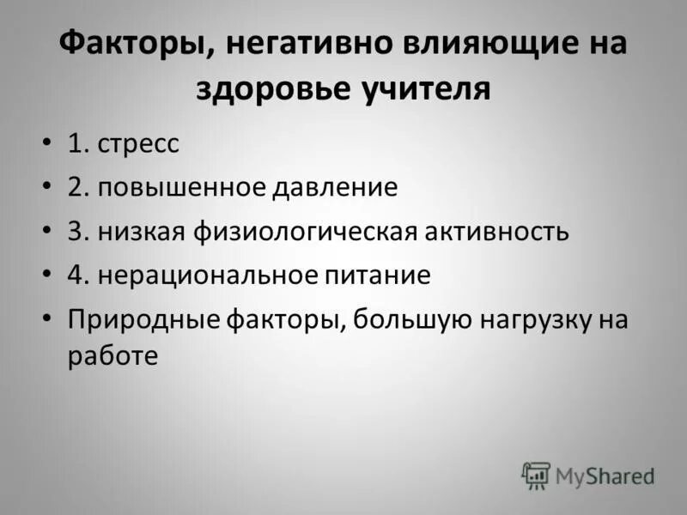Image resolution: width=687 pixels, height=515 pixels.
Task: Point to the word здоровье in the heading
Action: point(272,88)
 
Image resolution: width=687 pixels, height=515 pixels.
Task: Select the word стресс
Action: point(138,144)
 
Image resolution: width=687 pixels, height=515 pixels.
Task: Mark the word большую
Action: point(412,320)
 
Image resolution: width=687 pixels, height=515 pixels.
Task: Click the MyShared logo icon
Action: point(536,475)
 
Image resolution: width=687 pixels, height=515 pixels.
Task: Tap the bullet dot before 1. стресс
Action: point(46,144)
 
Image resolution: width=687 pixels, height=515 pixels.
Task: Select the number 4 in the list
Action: point(76,276)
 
